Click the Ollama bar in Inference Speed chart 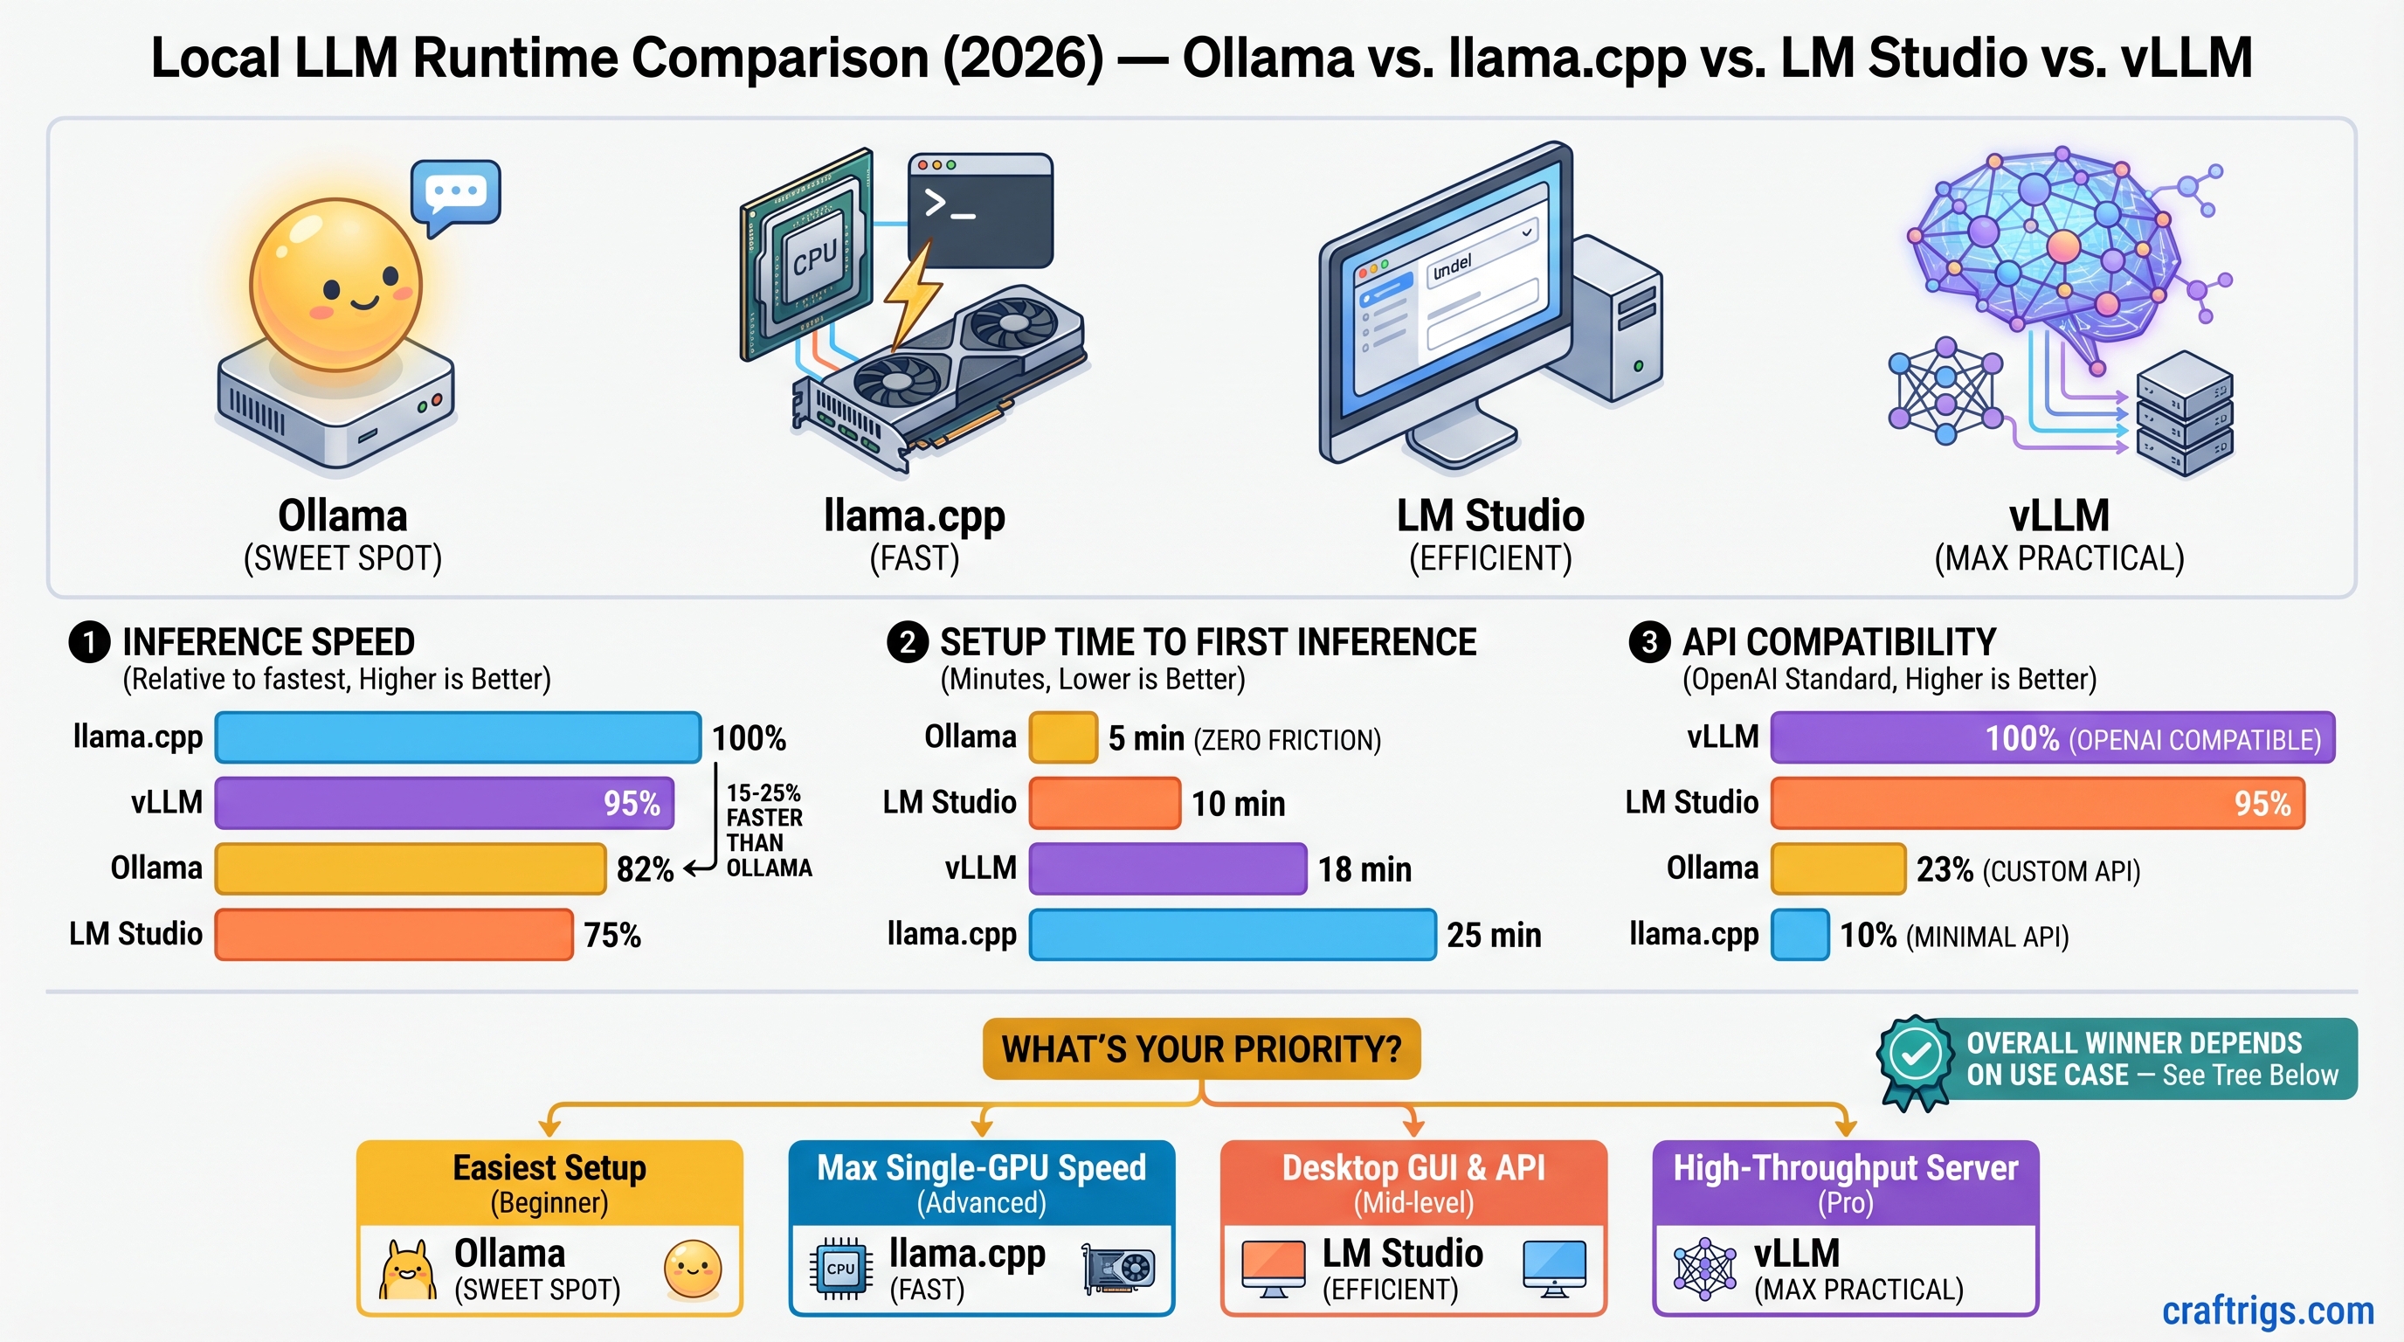point(411,868)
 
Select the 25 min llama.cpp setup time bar point(1232,934)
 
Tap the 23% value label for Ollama point(1944,870)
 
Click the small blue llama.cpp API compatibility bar point(1800,934)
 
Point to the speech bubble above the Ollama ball point(455,195)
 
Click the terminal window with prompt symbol point(980,211)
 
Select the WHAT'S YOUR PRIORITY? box point(1201,1049)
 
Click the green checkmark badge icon point(1915,1056)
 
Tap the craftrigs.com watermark point(2267,1311)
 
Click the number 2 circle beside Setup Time point(907,642)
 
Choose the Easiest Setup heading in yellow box point(549,1168)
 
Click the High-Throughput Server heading point(1845,1168)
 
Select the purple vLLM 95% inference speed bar point(445,804)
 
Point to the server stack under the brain point(2184,415)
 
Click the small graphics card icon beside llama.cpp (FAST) point(1118,1269)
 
